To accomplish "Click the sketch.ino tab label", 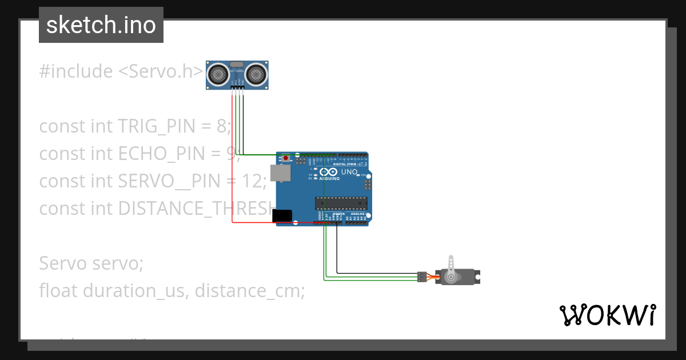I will tap(101, 25).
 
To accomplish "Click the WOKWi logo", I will tap(607, 315).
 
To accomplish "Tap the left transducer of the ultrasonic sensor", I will tap(217, 74).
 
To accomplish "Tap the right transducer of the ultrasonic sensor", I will tap(257, 74).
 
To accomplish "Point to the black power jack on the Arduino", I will tap(282, 215).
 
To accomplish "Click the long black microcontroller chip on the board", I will tap(341, 202).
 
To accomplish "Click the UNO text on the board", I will tap(349, 172).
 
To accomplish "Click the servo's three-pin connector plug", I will tap(422, 277).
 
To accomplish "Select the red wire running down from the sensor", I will tap(232, 171).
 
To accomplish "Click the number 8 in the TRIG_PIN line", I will tap(222, 126).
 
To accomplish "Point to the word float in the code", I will tap(59, 290).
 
